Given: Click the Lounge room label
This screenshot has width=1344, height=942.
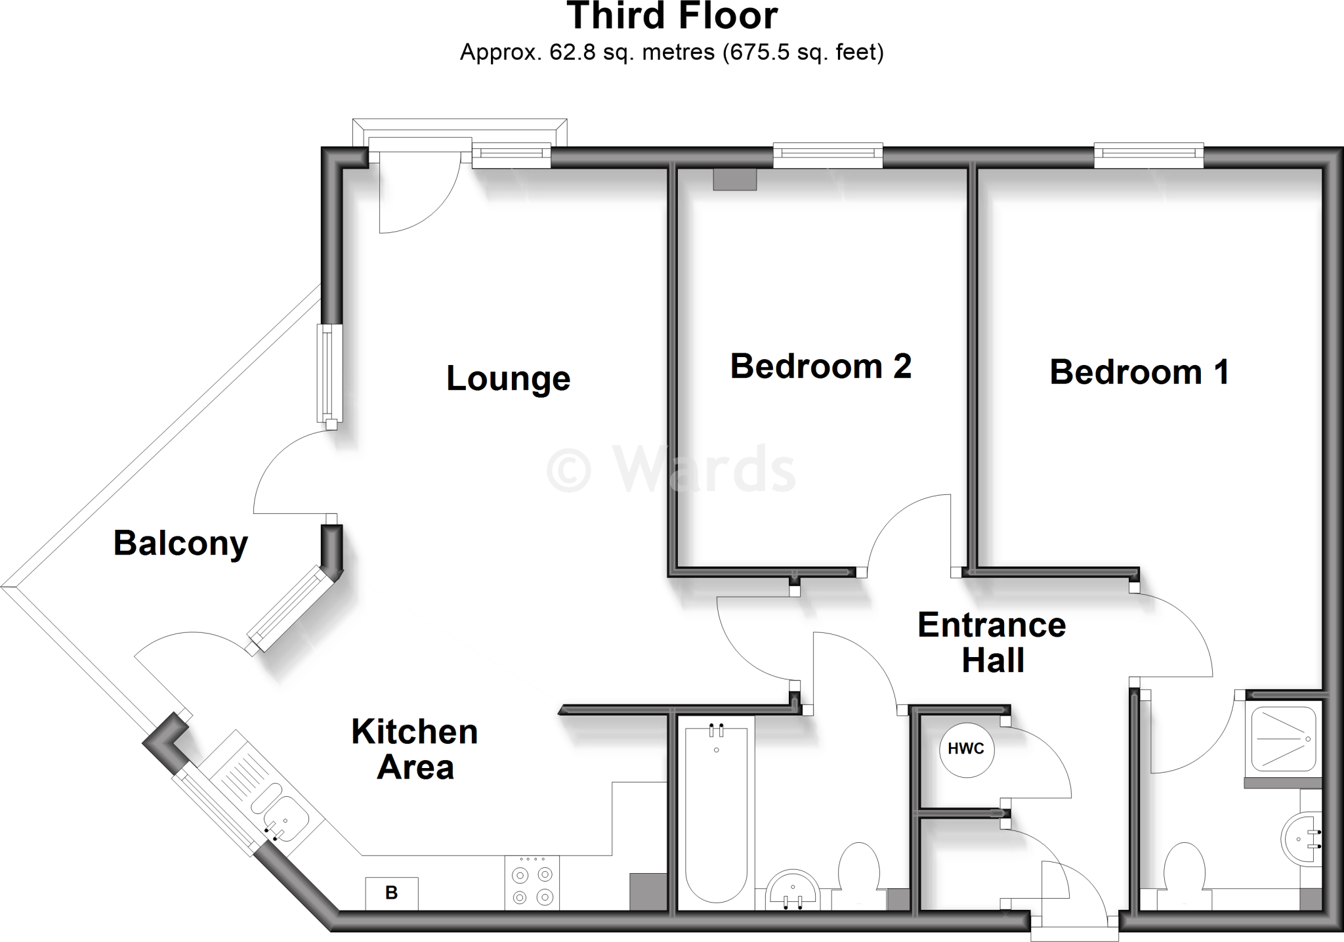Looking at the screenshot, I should click(508, 379).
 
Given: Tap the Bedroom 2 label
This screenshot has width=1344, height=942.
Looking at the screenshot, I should click(820, 366).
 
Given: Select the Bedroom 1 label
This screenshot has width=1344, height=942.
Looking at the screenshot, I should click(1139, 372).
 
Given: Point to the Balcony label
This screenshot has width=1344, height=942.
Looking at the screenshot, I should click(180, 544).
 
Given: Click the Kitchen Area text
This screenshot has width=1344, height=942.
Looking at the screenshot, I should click(415, 749).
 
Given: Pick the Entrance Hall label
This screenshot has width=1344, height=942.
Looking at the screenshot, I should click(992, 642).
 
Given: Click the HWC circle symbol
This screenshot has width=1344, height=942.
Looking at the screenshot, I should click(966, 750).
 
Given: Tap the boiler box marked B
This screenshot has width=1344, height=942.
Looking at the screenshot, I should click(392, 893).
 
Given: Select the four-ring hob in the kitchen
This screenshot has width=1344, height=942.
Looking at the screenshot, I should click(532, 884).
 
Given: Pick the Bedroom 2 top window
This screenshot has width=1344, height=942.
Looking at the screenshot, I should click(828, 154).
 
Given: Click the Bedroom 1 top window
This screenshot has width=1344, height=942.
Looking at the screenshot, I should click(1148, 154).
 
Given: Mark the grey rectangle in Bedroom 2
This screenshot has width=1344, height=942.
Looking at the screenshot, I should click(735, 180).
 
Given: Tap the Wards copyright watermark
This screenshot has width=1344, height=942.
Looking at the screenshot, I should click(671, 469).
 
